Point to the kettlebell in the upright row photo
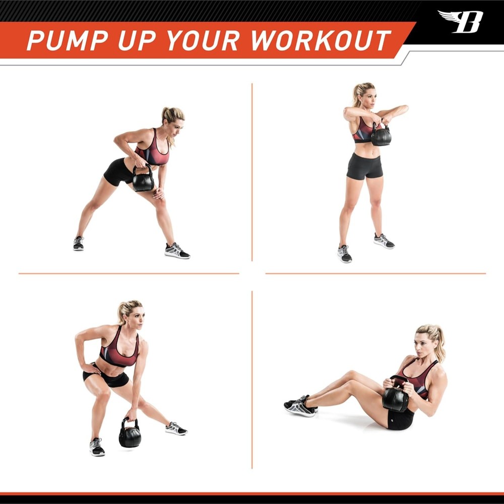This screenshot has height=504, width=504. point(381,135)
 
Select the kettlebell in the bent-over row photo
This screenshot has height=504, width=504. point(143,179)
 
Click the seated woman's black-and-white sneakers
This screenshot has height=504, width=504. point(300,406)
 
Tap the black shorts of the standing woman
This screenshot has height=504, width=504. point(364,166)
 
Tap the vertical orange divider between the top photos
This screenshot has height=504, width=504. point(252,171)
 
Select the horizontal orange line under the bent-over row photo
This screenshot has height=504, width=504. point(129,274)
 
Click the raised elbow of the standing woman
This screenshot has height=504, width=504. point(403,108)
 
